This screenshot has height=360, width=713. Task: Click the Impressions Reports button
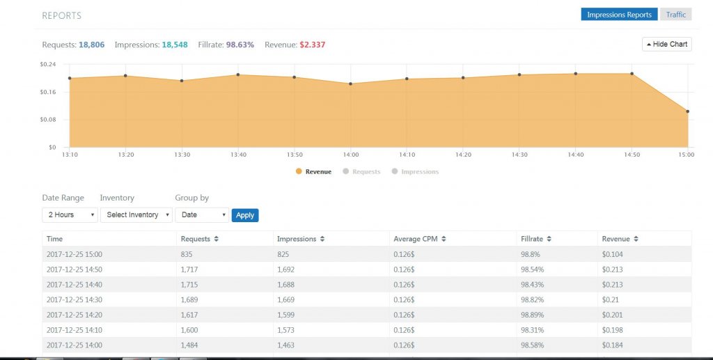(x=619, y=15)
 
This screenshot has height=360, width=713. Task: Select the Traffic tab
(x=675, y=15)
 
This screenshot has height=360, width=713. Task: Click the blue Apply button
(x=244, y=215)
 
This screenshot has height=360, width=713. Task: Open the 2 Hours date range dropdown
(x=70, y=215)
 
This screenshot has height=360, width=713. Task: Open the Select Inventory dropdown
(x=136, y=215)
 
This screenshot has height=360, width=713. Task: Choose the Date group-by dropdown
(x=201, y=215)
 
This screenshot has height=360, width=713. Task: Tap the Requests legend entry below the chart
(x=366, y=171)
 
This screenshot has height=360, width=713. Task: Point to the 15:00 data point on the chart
(x=687, y=111)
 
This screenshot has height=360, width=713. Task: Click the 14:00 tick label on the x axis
(x=350, y=155)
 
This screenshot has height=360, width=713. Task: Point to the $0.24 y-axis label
(x=48, y=64)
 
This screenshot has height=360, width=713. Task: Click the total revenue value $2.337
(x=312, y=45)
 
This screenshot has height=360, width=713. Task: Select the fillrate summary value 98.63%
(x=241, y=45)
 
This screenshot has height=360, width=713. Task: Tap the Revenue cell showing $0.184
(x=612, y=346)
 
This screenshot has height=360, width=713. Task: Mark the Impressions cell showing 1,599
(x=288, y=315)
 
